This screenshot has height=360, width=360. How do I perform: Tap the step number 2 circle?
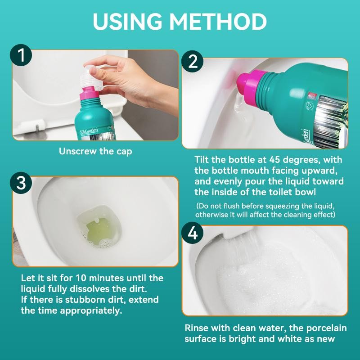pyautogui.click(x=193, y=62)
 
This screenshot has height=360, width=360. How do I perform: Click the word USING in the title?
pyautogui.click(x=129, y=21)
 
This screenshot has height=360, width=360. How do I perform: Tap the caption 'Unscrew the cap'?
pyautogui.click(x=95, y=151)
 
